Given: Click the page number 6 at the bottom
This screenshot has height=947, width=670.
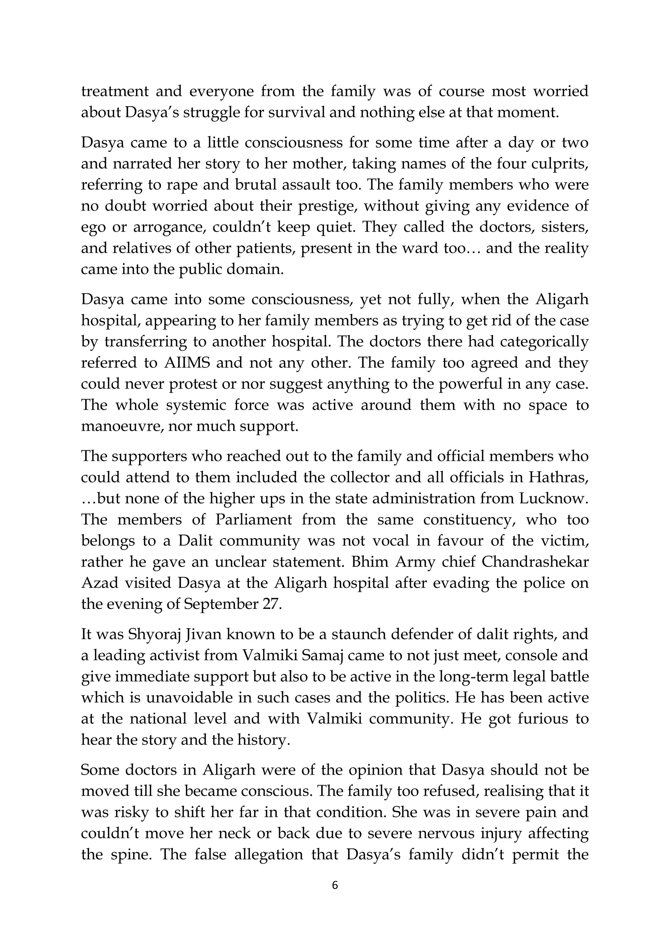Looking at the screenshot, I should [x=335, y=885].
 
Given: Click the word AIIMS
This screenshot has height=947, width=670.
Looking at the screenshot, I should [x=187, y=363].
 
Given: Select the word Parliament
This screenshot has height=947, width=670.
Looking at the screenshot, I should [x=254, y=519].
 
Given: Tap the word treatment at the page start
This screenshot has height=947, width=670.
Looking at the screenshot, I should [x=115, y=91].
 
